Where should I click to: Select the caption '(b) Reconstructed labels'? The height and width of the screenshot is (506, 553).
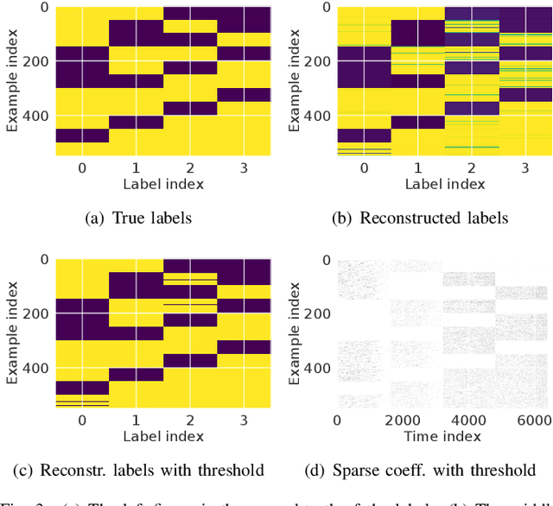click(x=421, y=218)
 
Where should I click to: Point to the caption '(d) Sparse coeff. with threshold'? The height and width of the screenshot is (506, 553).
click(x=421, y=470)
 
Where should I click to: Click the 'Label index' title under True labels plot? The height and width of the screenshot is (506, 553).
click(x=163, y=183)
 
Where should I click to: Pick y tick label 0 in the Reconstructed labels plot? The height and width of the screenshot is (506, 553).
click(x=325, y=9)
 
